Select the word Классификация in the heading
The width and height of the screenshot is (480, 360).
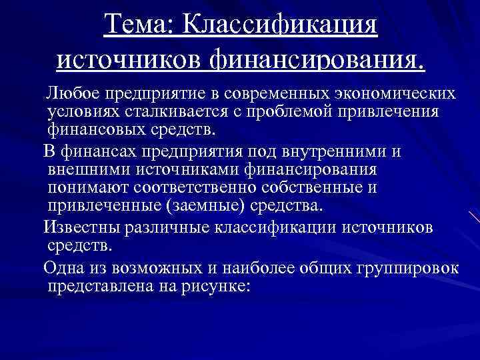[x=280, y=27]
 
